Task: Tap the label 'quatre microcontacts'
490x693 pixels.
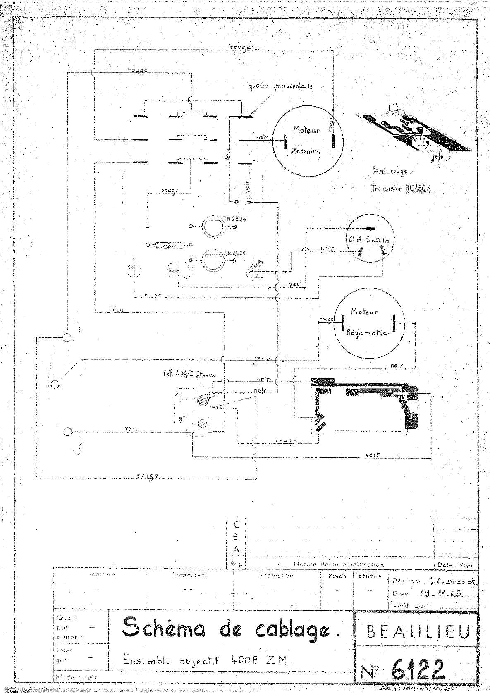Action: coord(281,86)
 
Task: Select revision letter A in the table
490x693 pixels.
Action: coord(237,550)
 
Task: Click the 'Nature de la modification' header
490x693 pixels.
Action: coord(339,564)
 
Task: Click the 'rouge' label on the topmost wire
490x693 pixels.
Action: coord(240,47)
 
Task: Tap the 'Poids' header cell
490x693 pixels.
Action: coord(337,576)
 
